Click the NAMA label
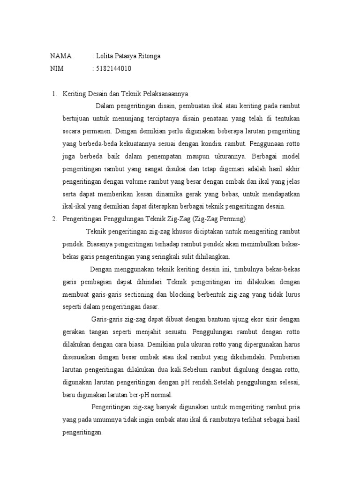61,56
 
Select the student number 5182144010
113,69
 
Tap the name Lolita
106,56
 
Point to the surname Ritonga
148,56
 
